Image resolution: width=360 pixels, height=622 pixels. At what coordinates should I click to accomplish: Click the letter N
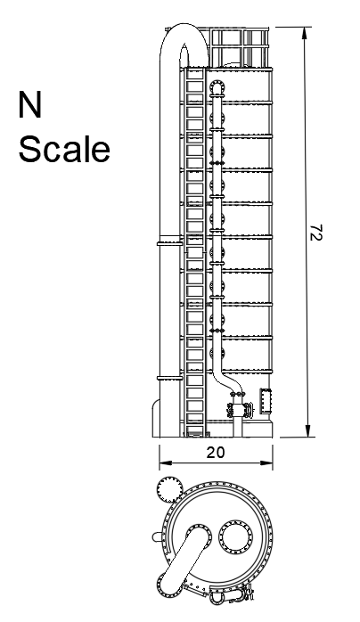point(29,104)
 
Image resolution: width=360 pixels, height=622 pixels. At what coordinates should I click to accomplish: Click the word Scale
point(64,149)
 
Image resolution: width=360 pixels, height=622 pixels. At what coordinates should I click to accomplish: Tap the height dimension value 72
point(316,233)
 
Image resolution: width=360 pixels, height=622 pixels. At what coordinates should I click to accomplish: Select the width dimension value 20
point(216,452)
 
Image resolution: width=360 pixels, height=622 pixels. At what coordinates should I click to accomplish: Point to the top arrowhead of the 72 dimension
point(305,33)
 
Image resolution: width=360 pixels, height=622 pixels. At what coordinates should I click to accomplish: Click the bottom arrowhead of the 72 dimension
point(307,430)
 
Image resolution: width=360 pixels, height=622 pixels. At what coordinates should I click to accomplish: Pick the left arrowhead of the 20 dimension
point(166,462)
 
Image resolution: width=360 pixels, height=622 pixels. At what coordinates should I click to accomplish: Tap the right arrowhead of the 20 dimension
point(266,462)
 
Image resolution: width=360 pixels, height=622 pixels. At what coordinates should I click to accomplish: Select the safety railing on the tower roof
point(239,47)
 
